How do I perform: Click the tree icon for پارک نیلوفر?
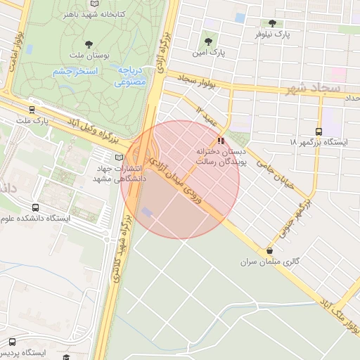pyautogui.click(x=272, y=23)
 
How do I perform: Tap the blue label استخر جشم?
pyautogui.click(x=75, y=71)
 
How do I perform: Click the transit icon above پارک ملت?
pyautogui.click(x=32, y=110)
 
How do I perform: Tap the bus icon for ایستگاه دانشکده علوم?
pyautogui.click(x=35, y=207)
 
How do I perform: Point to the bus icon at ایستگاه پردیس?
pyautogui.click(x=11, y=341)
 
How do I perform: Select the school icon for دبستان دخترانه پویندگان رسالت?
pyautogui.click(x=222, y=140)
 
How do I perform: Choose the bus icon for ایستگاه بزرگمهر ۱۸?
pyautogui.click(x=319, y=131)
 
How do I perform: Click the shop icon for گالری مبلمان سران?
pyautogui.click(x=269, y=250)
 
